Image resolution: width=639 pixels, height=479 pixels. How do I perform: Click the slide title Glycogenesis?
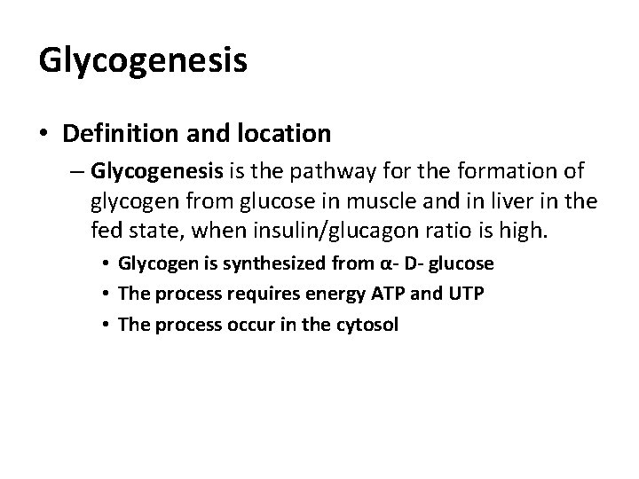click(143, 61)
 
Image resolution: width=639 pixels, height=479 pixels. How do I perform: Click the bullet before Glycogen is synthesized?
click(106, 265)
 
